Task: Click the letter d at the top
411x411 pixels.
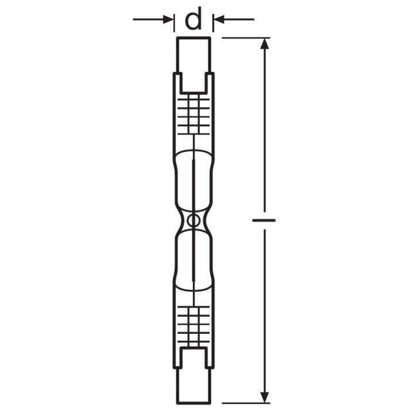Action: tap(194, 20)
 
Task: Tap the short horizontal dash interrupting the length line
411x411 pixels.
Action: tap(263, 219)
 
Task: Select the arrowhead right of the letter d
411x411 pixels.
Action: tap(219, 20)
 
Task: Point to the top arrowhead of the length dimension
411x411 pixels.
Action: tap(263, 45)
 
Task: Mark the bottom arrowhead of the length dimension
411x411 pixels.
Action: tap(263, 394)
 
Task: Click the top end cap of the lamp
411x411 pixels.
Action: tap(194, 54)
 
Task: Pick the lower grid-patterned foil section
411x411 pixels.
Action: tap(194, 324)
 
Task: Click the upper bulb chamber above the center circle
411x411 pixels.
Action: tap(194, 177)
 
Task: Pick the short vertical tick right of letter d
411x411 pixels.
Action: tap(213, 22)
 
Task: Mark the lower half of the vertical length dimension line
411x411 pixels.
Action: tap(263, 308)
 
